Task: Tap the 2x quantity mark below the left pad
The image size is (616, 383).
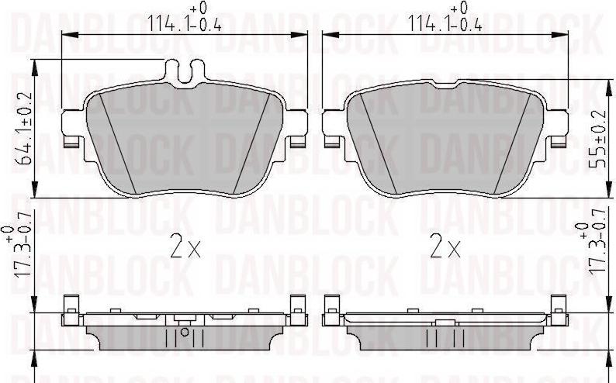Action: tap(185, 248)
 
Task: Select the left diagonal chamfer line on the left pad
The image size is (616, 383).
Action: tap(117, 143)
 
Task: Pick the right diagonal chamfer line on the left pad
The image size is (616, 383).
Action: tap(252, 143)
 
